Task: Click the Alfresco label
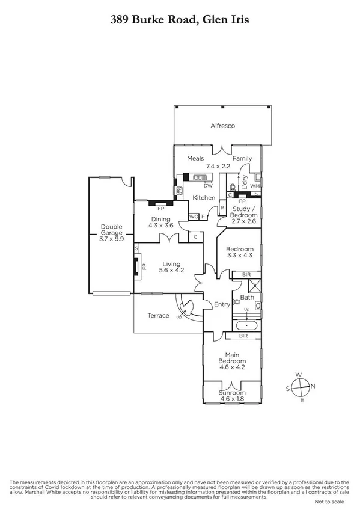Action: click(x=222, y=126)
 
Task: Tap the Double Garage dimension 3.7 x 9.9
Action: click(x=112, y=238)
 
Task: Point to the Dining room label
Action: click(x=160, y=219)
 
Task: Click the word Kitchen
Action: click(x=204, y=198)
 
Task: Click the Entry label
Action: click(x=222, y=304)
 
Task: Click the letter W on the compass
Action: click(x=299, y=375)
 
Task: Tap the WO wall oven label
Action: click(x=193, y=216)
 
